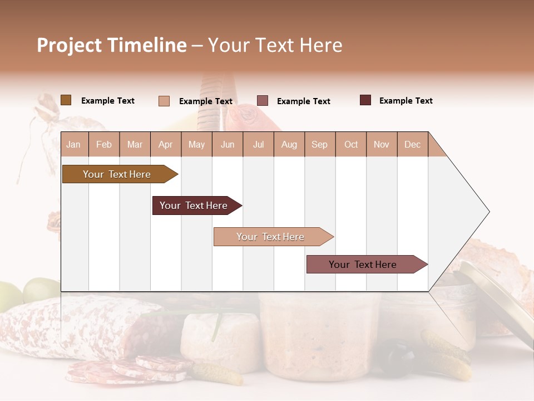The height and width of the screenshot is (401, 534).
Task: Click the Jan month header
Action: pyautogui.click(x=73, y=145)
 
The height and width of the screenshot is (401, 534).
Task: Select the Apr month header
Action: pyautogui.click(x=165, y=145)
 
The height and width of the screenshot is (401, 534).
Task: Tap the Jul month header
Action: pyautogui.click(x=258, y=145)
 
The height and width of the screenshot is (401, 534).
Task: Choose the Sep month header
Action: pyautogui.click(x=319, y=145)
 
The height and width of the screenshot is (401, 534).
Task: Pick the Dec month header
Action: pyautogui.click(x=412, y=145)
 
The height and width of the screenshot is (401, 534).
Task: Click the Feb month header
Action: pyautogui.click(x=104, y=145)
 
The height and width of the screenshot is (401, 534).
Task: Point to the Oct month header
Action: pyautogui.click(x=351, y=145)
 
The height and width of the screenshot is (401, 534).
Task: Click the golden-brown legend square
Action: pyautogui.click(x=66, y=100)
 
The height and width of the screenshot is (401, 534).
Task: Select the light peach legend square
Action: pyautogui.click(x=164, y=101)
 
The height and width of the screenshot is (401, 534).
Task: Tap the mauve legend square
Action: pyautogui.click(x=263, y=101)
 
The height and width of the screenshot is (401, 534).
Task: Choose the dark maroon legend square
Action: pyautogui.click(x=365, y=100)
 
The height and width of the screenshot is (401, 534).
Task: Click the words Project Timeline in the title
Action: pyautogui.click(x=111, y=45)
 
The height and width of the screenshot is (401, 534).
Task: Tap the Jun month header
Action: pyautogui.click(x=228, y=145)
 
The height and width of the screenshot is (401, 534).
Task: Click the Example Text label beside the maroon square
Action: pyautogui.click(x=406, y=101)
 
